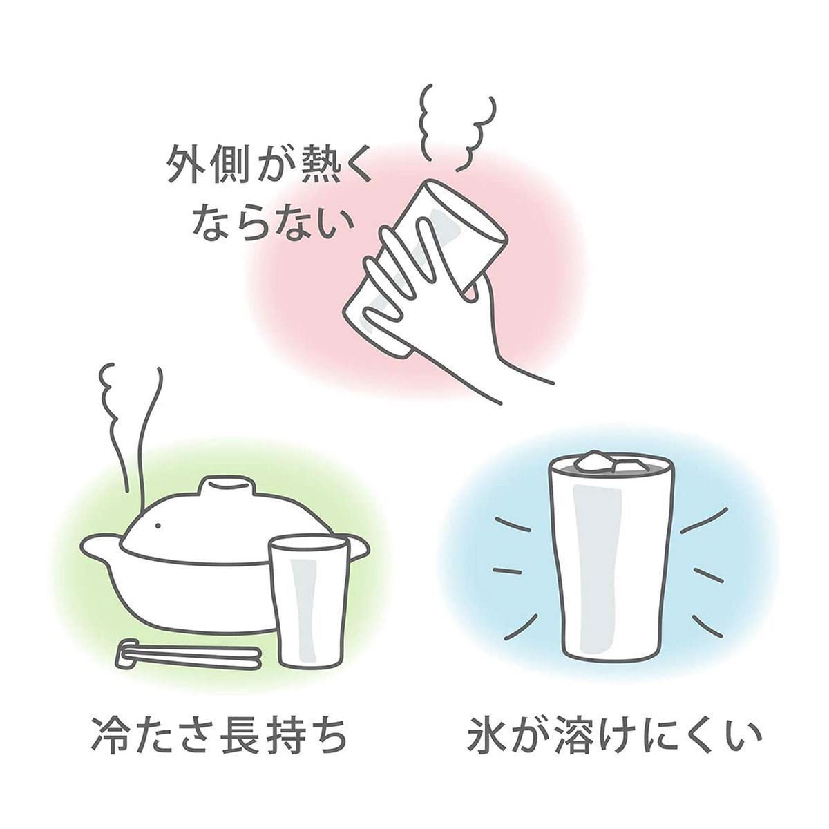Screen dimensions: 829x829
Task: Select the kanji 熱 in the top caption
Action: [315, 171]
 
